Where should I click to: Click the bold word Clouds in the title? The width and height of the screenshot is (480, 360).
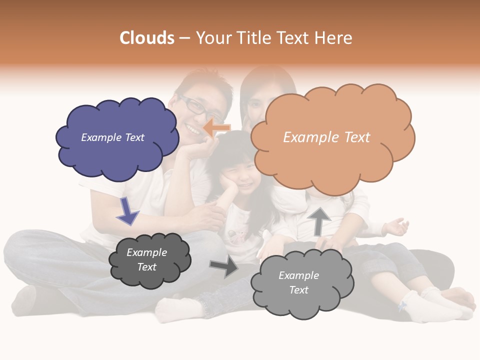point(147,38)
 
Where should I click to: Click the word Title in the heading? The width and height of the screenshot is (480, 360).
point(254,38)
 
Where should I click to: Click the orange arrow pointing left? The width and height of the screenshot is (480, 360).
point(217,128)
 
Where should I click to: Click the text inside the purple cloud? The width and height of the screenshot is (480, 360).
point(112,137)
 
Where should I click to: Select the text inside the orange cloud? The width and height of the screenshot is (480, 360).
point(326,137)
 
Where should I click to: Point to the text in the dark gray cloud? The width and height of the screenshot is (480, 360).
point(146,259)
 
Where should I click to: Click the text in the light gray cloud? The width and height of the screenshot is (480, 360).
point(298,282)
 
